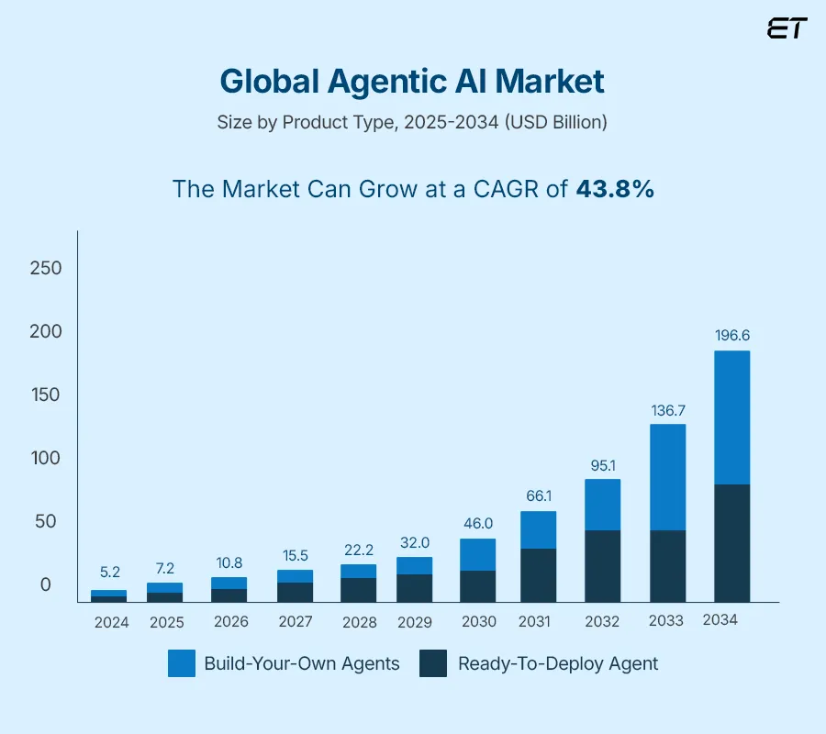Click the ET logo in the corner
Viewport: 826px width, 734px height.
pyautogui.click(x=787, y=28)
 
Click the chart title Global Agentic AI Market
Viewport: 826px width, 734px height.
pyautogui.click(x=412, y=82)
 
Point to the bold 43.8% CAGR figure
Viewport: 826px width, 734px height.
pyautogui.click(x=615, y=189)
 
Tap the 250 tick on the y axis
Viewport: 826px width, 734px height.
pyautogui.click(x=45, y=268)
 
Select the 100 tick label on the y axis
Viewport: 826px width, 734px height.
pyautogui.click(x=45, y=458)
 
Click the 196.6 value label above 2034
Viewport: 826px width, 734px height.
pyautogui.click(x=732, y=336)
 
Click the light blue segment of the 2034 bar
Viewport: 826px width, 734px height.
pyautogui.click(x=732, y=417)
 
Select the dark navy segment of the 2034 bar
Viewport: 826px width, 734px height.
pyautogui.click(x=732, y=542)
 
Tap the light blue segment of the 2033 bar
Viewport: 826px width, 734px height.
pyautogui.click(x=667, y=477)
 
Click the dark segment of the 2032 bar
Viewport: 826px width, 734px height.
pyautogui.click(x=602, y=565)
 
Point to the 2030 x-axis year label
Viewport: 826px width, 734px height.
pyautogui.click(x=478, y=621)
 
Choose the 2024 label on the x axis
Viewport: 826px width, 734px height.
pyautogui.click(x=111, y=622)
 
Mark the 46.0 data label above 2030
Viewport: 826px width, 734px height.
pyautogui.click(x=477, y=523)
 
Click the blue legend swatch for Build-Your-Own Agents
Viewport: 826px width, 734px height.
pyautogui.click(x=182, y=663)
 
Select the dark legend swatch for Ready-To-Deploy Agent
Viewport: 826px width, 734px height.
pyautogui.click(x=433, y=663)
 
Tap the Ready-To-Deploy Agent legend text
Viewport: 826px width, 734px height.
pyautogui.click(x=558, y=663)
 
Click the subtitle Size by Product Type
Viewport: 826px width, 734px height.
pyautogui.click(x=412, y=122)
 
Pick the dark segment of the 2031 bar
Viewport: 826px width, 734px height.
pyautogui.click(x=538, y=574)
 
